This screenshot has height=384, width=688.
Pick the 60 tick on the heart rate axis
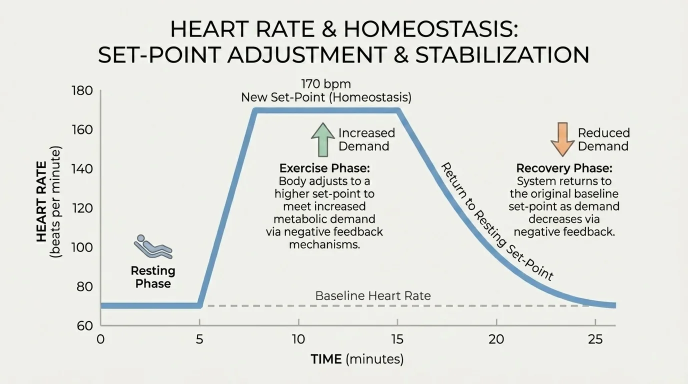click(85, 326)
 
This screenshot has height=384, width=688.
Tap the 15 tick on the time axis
click(397, 339)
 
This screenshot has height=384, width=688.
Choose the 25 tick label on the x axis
click(595, 339)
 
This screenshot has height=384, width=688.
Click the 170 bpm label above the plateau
click(326, 83)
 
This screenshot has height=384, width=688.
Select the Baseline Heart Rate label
click(373, 295)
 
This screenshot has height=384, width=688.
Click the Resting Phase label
click(153, 277)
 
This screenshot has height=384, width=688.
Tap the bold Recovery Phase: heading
click(564, 168)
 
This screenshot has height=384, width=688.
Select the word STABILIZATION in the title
click(502, 54)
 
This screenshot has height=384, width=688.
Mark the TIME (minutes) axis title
click(357, 359)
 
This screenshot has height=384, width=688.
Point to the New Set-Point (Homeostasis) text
click(326, 97)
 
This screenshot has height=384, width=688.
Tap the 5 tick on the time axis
click(200, 339)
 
